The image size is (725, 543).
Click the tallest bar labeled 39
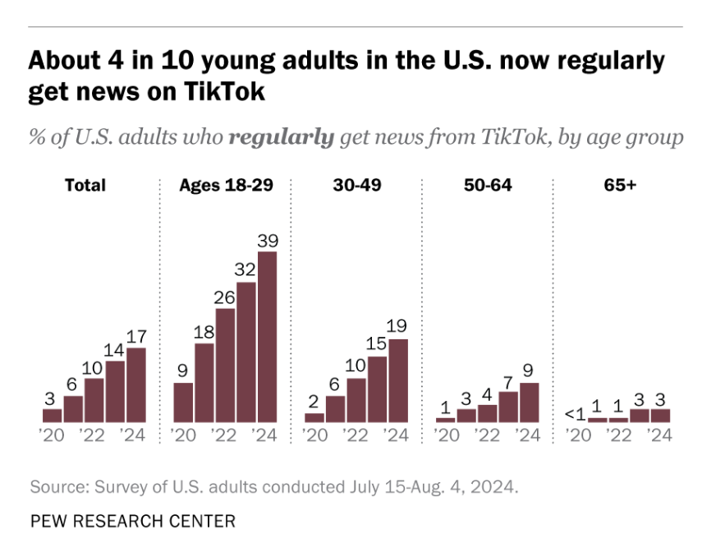[267, 337]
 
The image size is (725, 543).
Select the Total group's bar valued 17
[136, 384]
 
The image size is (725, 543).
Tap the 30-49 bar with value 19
[398, 380]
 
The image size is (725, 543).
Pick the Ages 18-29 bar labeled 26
[225, 366]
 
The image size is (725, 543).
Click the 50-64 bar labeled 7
[508, 407]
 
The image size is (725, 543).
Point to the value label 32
[245, 270]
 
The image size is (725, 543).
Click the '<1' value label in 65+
[576, 413]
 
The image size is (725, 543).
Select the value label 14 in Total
[115, 349]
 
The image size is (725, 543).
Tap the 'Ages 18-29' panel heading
[226, 185]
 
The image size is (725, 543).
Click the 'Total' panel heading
[85, 185]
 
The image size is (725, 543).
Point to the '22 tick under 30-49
[356, 436]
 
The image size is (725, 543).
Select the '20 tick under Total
[52, 436]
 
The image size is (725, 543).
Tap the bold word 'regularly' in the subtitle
[281, 136]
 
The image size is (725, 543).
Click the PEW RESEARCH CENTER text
[132, 521]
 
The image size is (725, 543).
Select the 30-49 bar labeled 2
[314, 417]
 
